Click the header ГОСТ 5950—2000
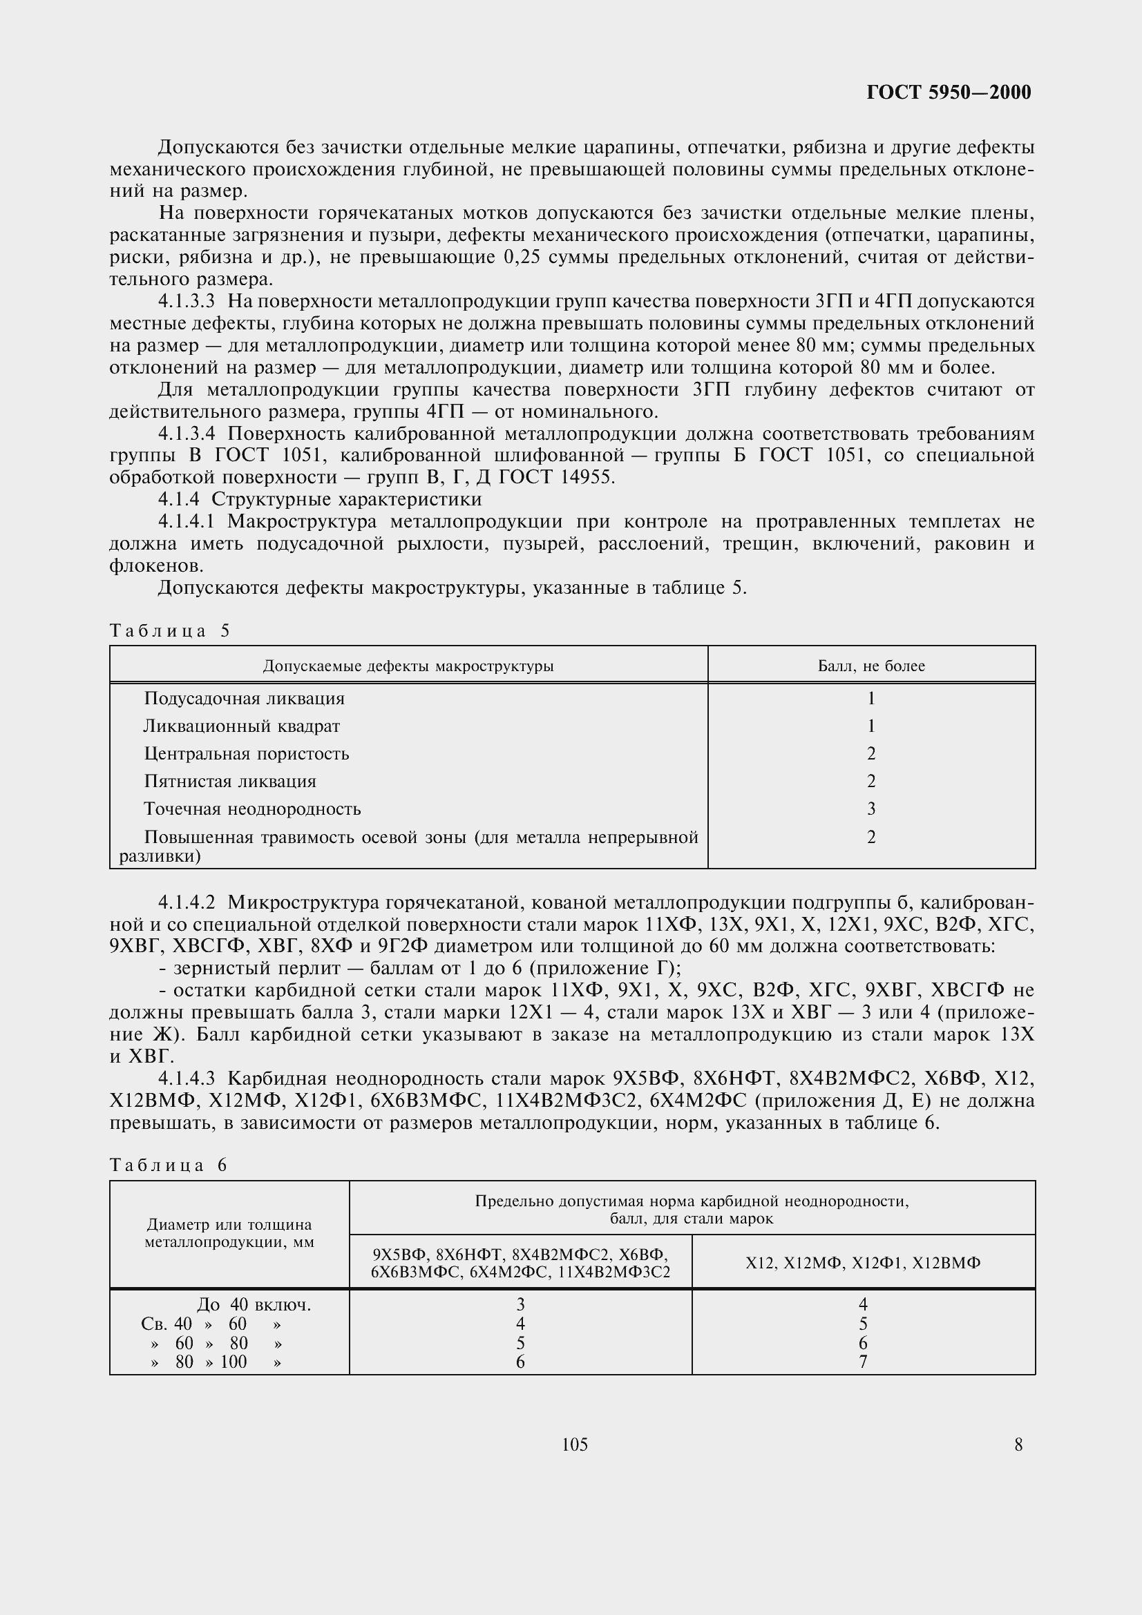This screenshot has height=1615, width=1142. click(948, 92)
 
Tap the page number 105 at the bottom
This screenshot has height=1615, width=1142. click(574, 1444)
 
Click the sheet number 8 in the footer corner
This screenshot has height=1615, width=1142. click(1018, 1444)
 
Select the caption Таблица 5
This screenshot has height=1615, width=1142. click(169, 630)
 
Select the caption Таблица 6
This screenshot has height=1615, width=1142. click(169, 1165)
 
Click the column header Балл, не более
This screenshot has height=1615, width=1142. click(870, 666)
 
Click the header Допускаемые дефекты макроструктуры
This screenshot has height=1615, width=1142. click(408, 666)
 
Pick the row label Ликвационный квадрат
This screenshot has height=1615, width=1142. click(241, 726)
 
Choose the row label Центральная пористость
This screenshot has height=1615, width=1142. click(246, 753)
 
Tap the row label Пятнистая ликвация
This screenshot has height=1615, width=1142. click(230, 781)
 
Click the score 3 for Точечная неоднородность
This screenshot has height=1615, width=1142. click(870, 809)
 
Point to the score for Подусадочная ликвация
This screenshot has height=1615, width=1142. click(870, 699)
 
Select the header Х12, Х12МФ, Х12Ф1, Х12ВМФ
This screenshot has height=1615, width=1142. click(863, 1263)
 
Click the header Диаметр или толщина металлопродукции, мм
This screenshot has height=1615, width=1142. click(229, 1233)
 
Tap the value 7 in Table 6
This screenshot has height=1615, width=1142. click(863, 1362)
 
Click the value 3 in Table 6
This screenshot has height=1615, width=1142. click(520, 1305)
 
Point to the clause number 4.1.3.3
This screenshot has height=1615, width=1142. click(186, 302)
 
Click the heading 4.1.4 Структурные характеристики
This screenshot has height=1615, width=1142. click(320, 499)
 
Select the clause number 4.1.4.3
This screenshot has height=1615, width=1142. click(186, 1079)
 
